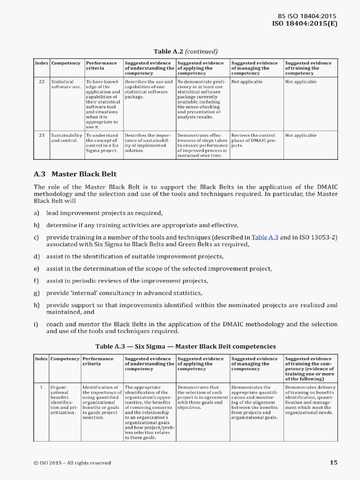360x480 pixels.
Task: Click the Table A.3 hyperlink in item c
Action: pos(265,237)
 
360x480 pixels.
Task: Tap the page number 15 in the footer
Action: pos(333,463)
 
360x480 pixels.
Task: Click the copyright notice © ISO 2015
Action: pos(72,463)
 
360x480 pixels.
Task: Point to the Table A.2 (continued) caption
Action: pos(186,51)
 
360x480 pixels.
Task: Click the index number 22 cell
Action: pos(42,82)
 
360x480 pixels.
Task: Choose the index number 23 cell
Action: pos(42,135)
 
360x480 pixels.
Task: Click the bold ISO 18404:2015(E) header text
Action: pos(305,23)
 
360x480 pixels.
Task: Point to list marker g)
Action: pos(36,293)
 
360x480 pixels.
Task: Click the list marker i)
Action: pos(36,324)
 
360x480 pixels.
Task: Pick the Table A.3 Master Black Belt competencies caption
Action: pos(186,346)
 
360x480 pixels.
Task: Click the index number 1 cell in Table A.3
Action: pos(42,387)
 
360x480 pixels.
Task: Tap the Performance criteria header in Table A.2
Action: pos(101,66)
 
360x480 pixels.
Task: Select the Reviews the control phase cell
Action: pos(256,140)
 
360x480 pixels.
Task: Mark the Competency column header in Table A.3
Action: pos(65,359)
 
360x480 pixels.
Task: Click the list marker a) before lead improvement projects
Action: pos(36,213)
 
